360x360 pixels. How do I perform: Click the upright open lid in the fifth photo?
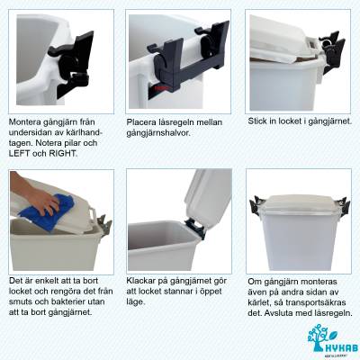(208, 194)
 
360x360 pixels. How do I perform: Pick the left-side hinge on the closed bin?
(255, 206)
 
